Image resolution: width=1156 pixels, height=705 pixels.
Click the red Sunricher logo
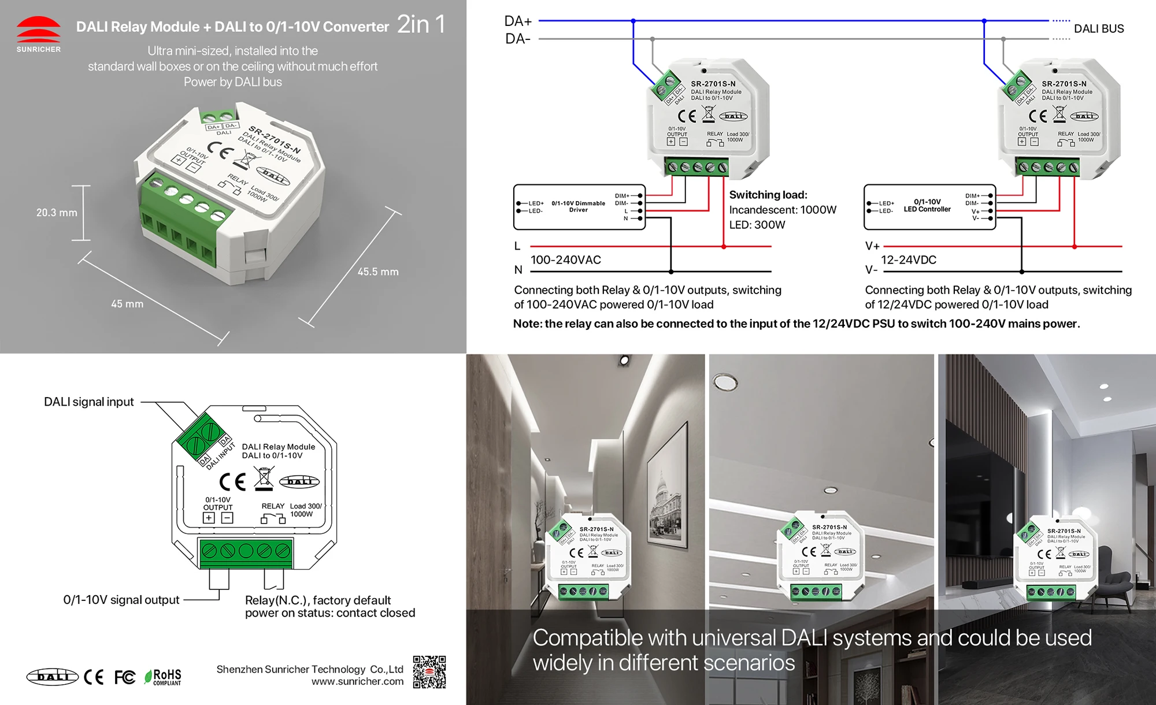(38, 30)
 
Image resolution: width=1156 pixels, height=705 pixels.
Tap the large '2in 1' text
(421, 24)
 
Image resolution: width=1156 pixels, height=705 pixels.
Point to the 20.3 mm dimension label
(57, 213)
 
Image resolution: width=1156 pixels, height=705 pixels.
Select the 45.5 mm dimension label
(378, 272)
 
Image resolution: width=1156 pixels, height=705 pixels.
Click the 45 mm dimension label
(127, 304)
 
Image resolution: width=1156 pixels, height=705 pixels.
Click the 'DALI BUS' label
(1098, 29)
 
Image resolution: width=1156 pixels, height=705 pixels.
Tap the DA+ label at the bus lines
(517, 21)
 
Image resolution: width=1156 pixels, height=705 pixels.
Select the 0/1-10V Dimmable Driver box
(579, 207)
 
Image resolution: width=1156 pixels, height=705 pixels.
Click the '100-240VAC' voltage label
(565, 260)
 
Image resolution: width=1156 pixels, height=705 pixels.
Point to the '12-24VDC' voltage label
(908, 260)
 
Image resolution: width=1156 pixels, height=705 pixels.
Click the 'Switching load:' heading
(768, 195)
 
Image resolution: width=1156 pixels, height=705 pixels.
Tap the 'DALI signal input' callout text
(89, 402)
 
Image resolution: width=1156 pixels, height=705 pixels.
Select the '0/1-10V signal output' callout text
(121, 600)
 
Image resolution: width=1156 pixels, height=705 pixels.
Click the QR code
(429, 672)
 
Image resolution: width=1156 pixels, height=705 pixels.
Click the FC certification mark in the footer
(124, 677)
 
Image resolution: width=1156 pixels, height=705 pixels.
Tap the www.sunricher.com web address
(357, 682)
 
